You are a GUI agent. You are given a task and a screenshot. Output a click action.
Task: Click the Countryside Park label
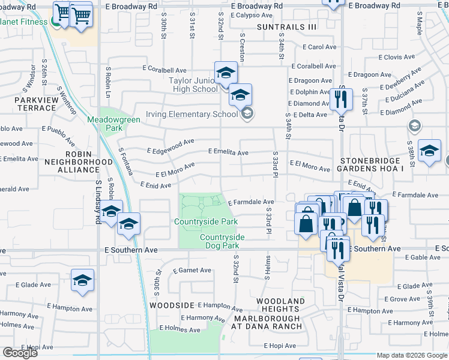(x=206, y=221)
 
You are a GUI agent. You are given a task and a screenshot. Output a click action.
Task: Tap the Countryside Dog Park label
(x=222, y=241)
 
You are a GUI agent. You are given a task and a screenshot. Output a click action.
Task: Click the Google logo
(x=19, y=353)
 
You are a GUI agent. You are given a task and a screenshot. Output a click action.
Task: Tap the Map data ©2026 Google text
(x=412, y=355)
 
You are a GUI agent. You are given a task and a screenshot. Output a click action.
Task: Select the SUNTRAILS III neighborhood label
(x=286, y=27)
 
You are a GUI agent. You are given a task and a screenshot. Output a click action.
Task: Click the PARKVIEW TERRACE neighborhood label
(x=35, y=104)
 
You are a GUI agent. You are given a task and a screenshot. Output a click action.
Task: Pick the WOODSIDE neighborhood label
(x=172, y=305)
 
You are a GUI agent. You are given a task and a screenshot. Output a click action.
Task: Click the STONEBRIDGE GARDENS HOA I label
(x=377, y=165)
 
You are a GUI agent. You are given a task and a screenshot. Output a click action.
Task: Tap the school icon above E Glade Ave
(x=83, y=280)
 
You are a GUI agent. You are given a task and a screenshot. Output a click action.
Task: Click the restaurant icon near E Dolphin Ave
(x=341, y=98)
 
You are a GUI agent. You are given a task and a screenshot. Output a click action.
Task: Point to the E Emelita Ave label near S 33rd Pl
(x=228, y=152)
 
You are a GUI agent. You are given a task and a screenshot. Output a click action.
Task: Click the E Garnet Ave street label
(x=192, y=271)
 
